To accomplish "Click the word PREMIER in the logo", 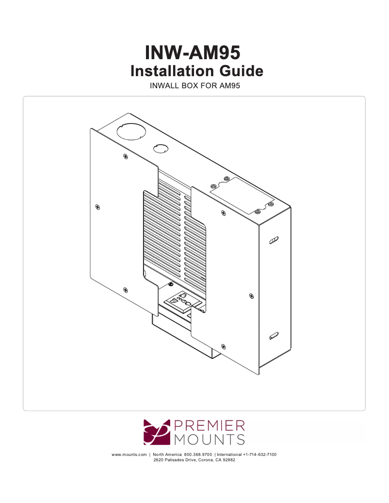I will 209,426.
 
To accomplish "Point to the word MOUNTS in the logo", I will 209,440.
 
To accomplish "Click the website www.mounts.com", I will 130,454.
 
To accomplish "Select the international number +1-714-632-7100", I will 259,454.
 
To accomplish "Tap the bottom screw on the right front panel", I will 223,346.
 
